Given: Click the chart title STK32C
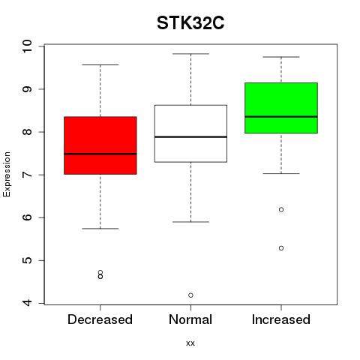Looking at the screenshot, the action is click(190, 23).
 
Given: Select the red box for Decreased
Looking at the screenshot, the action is click(100, 145).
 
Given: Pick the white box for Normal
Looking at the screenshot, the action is click(190, 133).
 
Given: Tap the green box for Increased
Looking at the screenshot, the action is click(281, 108).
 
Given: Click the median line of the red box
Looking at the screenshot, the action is click(100, 154).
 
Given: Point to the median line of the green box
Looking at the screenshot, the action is click(281, 116).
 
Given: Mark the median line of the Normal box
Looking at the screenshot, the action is click(190, 136).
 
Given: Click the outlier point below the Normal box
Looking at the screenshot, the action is click(190, 295).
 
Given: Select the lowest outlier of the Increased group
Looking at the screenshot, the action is click(281, 248).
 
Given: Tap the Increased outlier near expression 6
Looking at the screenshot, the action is click(281, 209).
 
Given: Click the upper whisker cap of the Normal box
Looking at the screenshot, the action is click(190, 54).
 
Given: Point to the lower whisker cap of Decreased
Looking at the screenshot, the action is click(100, 229).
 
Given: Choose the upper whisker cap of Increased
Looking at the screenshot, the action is click(281, 57).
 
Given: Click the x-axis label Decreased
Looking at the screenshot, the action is click(100, 319).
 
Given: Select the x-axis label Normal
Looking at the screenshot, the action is click(190, 319).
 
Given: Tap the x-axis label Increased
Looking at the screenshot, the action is click(281, 319).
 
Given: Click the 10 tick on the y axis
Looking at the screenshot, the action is click(27, 46).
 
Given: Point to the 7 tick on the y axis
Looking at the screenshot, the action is click(27, 175).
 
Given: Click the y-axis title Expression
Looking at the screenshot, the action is click(7, 174).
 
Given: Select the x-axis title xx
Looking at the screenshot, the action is click(190, 343).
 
